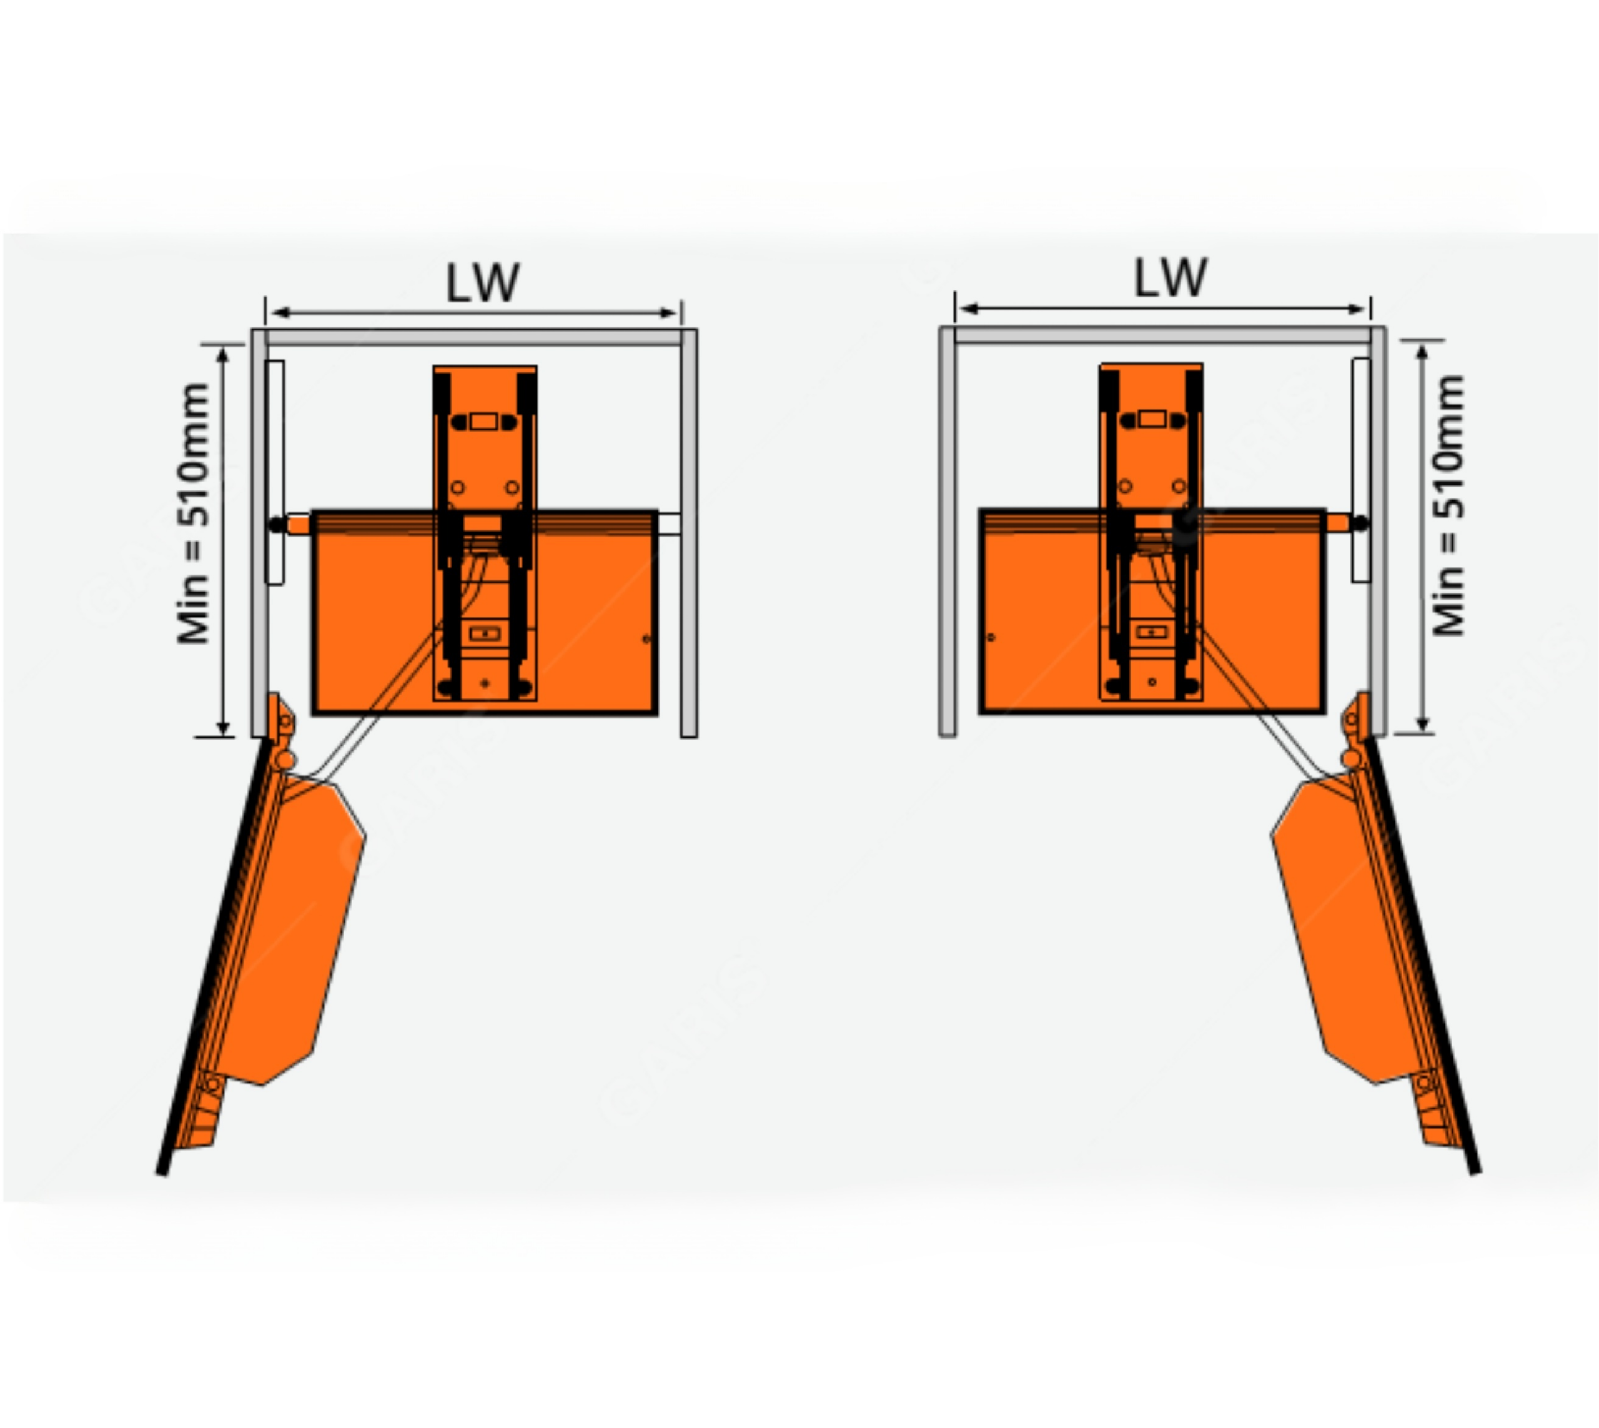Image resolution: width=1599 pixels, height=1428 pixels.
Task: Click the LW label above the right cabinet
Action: click(1170, 278)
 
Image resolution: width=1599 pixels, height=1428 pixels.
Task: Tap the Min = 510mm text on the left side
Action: click(193, 513)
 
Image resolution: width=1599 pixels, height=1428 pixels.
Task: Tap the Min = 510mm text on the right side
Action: click(1449, 506)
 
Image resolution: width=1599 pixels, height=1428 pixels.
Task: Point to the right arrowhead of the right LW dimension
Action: click(1357, 309)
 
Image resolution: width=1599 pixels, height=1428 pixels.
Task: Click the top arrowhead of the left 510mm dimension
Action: click(224, 355)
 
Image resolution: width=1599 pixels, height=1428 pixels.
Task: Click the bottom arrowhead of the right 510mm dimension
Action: click(1422, 723)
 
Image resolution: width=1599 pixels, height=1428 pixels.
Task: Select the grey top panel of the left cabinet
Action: click(474, 338)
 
